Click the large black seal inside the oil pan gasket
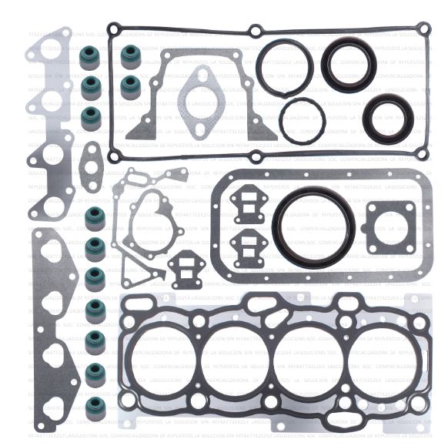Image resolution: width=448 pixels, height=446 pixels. (314, 197)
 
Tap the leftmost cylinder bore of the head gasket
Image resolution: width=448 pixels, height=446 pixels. (164, 360)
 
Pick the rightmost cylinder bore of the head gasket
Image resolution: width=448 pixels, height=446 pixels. (384, 360)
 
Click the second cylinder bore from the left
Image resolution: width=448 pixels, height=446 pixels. (238, 360)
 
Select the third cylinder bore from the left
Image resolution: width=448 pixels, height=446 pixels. (311, 360)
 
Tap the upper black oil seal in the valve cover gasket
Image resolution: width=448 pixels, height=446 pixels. (348, 65)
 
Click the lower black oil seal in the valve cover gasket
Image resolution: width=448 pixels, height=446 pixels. (383, 118)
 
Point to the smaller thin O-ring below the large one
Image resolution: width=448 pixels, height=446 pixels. (302, 120)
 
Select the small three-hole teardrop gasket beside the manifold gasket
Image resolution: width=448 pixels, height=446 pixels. (91, 166)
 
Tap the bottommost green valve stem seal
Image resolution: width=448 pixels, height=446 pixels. (95, 407)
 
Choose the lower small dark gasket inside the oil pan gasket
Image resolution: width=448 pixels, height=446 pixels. (247, 248)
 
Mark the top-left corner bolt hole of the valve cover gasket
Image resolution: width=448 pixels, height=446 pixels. (114, 29)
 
